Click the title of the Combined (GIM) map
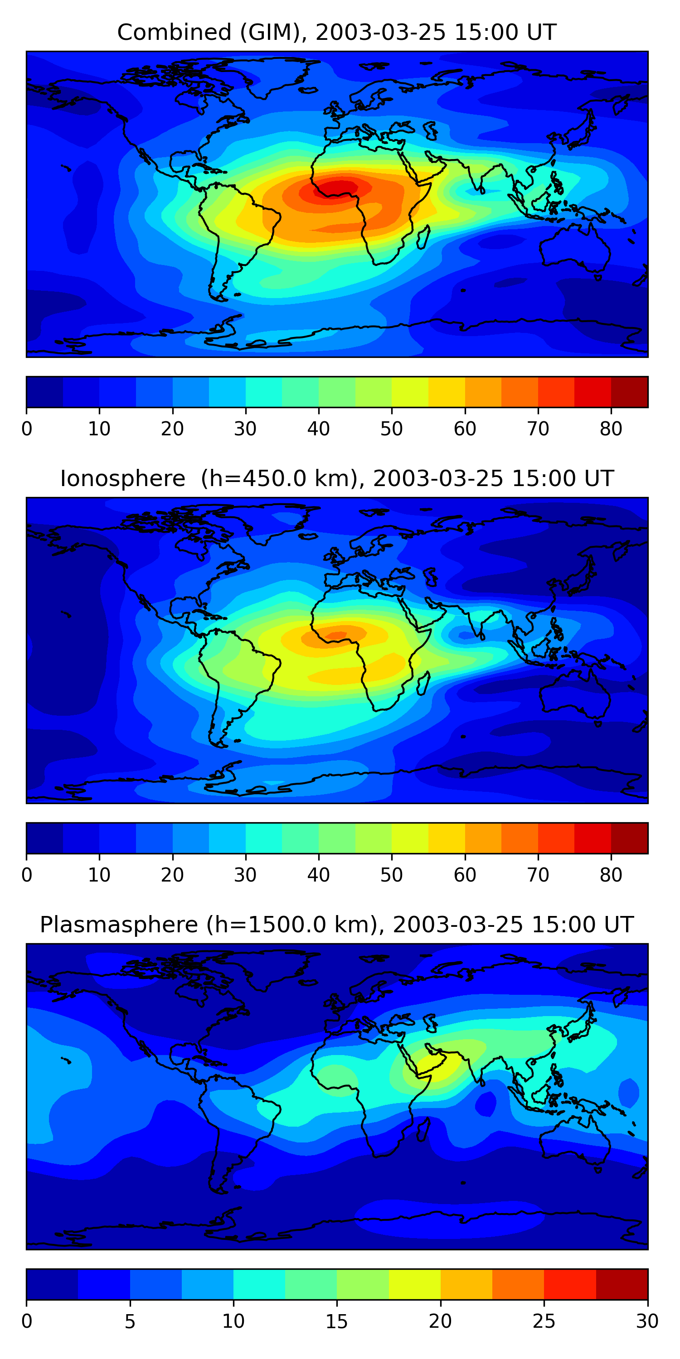coord(336,32)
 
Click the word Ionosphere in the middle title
coord(122,478)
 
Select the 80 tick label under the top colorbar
coord(611,429)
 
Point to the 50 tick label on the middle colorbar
coord(391,875)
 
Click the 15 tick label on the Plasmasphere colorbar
coord(336,1321)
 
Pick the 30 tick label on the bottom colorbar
coord(647,1321)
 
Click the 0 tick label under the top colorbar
coord(27,429)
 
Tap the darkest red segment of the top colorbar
coord(629,392)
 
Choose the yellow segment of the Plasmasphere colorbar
coord(414,1284)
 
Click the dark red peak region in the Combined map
coord(338,187)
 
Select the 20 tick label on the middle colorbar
coord(172,875)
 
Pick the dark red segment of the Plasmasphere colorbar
coord(622,1284)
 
